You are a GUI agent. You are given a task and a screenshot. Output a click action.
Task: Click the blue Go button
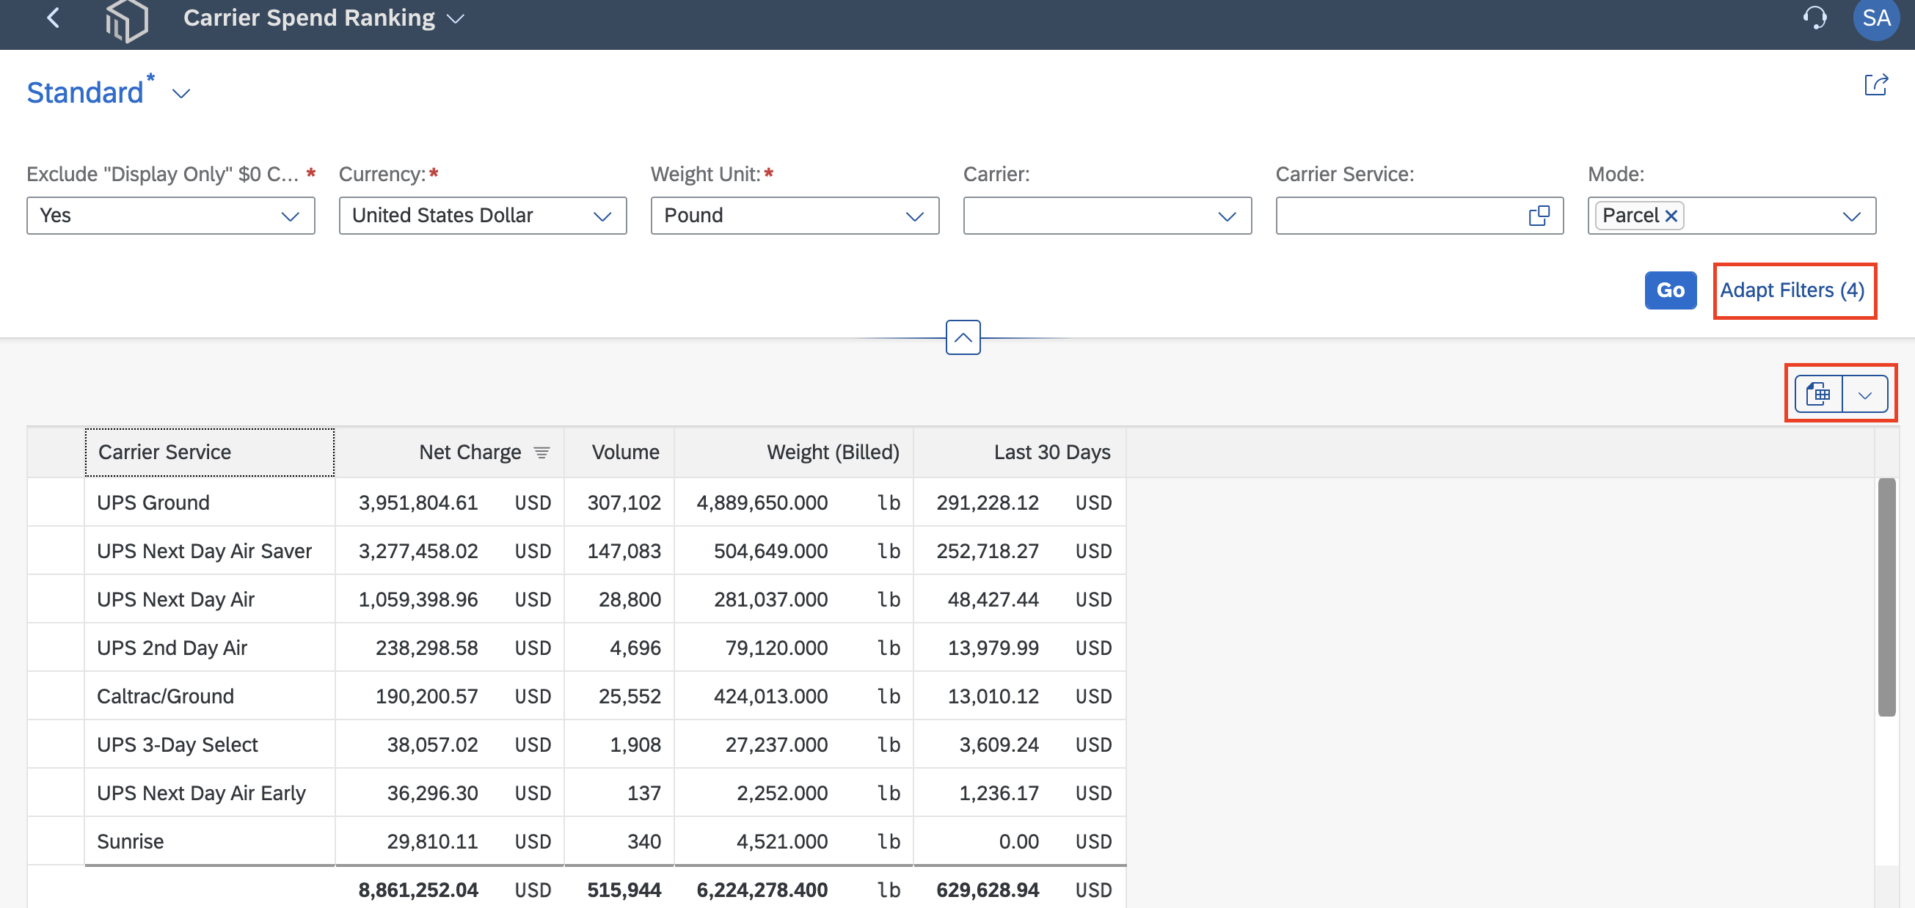1670,290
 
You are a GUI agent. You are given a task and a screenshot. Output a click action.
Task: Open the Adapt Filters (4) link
1792,290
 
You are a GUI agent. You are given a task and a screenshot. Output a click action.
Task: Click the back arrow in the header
53,18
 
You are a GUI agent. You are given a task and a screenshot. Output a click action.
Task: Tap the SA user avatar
1875,18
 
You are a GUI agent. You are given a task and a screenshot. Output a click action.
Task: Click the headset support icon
1814,17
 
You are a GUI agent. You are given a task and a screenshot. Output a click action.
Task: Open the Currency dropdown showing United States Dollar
483,216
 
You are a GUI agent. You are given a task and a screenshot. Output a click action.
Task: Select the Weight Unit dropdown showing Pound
795,216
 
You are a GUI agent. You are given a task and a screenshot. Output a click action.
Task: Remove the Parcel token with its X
1671,216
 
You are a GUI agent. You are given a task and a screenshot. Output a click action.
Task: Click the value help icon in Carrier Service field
1539,216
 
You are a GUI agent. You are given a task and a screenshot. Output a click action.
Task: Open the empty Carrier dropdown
1107,216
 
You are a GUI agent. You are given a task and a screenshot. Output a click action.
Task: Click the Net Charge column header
470,452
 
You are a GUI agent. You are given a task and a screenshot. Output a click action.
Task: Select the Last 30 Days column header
1052,452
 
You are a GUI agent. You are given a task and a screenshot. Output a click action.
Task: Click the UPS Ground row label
153,502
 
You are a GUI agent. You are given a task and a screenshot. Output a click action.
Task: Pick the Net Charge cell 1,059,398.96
417,599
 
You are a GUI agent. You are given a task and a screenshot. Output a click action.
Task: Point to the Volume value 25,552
630,695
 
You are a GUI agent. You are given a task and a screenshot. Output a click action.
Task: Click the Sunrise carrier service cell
130,841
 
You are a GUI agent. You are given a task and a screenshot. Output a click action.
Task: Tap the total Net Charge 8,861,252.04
417,890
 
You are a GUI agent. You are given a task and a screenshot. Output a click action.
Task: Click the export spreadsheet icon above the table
1818,394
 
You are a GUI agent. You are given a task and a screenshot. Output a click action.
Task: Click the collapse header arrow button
963,337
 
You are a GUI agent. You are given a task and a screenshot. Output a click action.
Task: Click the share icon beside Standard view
1875,84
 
